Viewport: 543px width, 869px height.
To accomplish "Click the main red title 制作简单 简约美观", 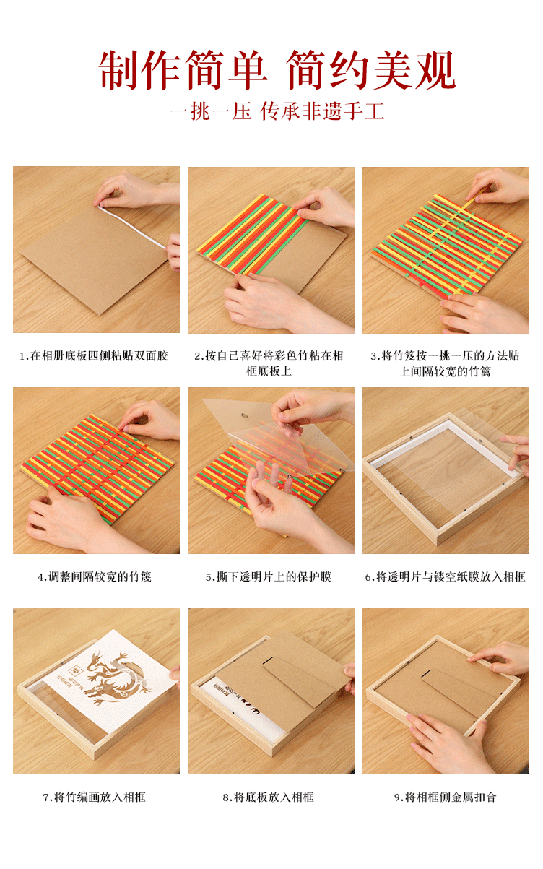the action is tap(277, 70).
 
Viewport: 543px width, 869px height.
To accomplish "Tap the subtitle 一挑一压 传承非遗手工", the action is tap(277, 111).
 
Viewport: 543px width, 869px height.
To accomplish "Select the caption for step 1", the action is tap(94, 355).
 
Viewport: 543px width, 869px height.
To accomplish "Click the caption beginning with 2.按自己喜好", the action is tap(269, 363).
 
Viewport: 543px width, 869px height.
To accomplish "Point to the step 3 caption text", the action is tap(445, 363).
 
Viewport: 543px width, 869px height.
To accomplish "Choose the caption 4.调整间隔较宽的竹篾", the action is tap(95, 577).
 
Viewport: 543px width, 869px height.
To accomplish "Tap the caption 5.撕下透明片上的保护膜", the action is tap(269, 577).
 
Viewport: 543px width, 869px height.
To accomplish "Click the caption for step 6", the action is tap(445, 577).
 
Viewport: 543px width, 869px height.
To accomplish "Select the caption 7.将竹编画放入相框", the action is tap(95, 797).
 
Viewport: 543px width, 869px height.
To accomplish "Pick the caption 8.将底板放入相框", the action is tap(269, 797).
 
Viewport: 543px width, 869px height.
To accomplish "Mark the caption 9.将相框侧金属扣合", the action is tap(446, 797).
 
